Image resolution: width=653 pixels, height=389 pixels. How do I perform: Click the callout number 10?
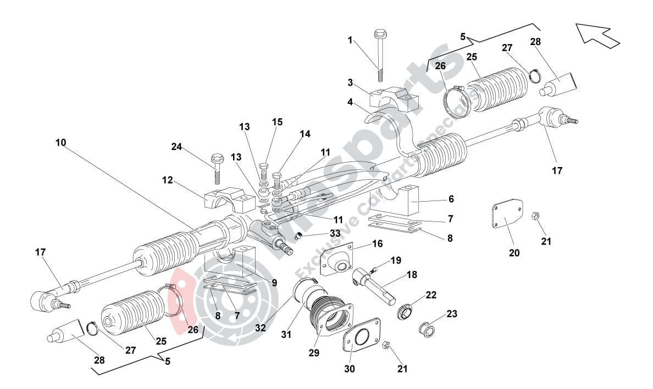point(60,142)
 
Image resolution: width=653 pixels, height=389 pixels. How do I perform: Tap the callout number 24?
point(176,147)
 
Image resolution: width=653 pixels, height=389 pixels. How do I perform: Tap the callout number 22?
point(431,295)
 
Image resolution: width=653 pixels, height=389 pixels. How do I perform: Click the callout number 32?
point(261,328)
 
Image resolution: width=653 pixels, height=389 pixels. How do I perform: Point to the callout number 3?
point(350,82)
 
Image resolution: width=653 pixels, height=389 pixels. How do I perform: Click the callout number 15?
point(278,122)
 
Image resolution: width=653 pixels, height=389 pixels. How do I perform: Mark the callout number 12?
point(168,180)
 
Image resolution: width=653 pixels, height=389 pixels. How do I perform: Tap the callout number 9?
point(274,282)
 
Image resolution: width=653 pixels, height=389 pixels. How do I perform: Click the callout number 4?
point(350,102)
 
